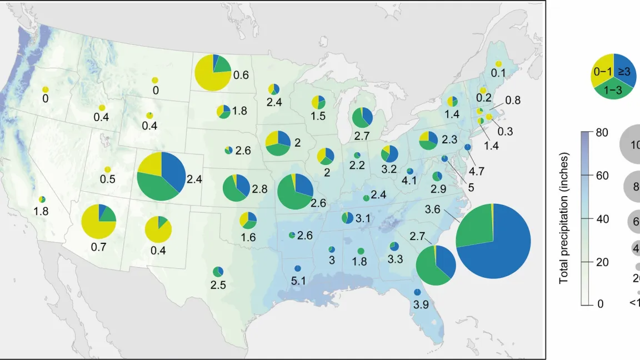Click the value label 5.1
[x=298, y=282]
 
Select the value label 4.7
[x=477, y=171]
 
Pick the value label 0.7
[x=98, y=246]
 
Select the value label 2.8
[x=259, y=189]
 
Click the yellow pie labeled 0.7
[x=98, y=221]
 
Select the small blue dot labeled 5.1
[x=298, y=269]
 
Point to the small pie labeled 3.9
[x=417, y=293]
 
